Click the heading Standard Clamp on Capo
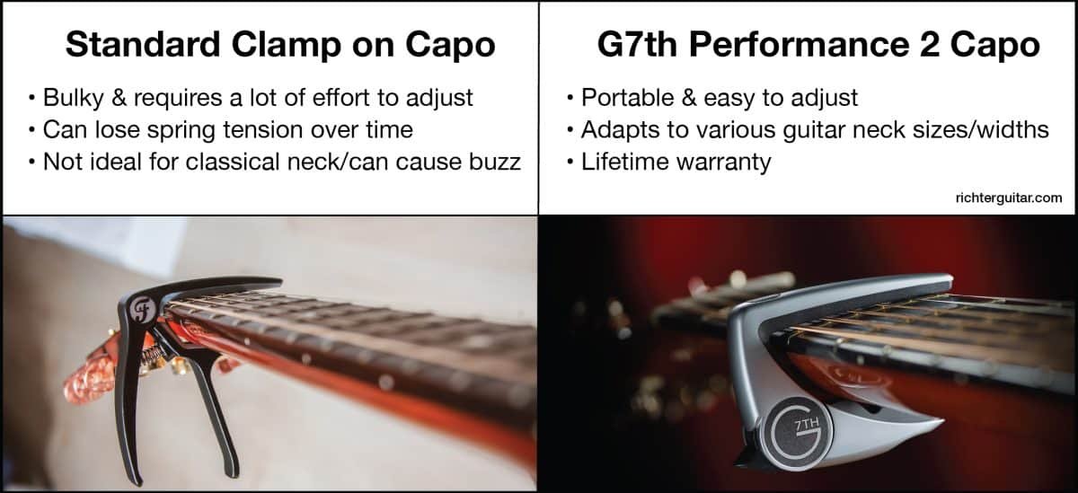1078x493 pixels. [269, 44]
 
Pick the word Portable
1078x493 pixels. [621, 97]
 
